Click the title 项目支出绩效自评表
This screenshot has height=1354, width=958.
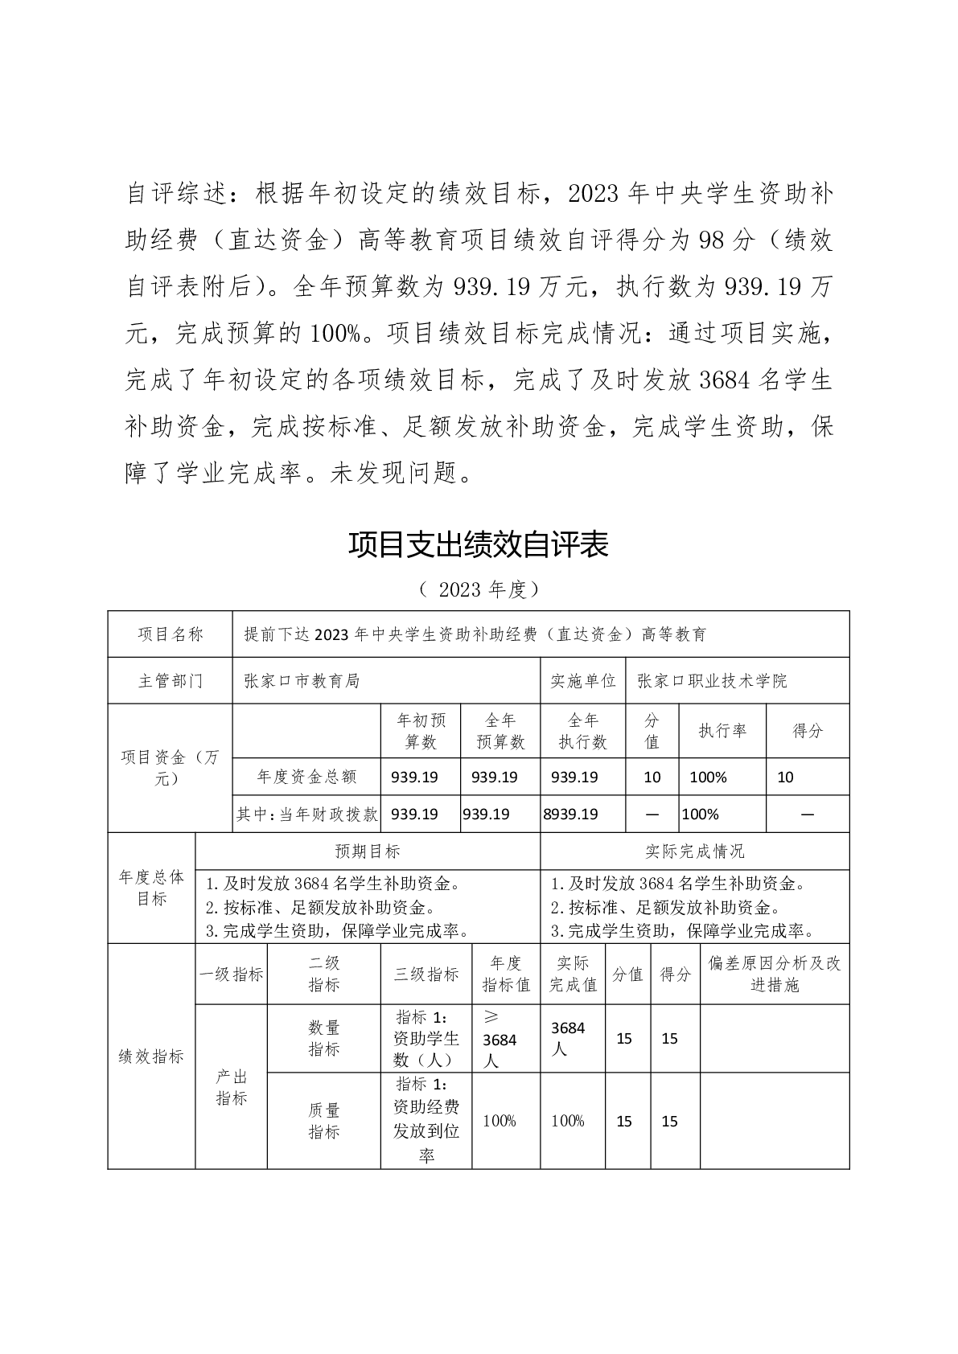pyautogui.click(x=479, y=544)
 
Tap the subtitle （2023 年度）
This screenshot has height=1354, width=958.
pyautogui.click(x=479, y=589)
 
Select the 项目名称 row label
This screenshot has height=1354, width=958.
pyautogui.click(x=171, y=634)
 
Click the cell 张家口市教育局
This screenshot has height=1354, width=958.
pyautogui.click(x=302, y=681)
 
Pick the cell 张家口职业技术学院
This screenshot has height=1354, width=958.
pyautogui.click(x=712, y=681)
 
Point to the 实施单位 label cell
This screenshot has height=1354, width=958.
pyautogui.click(x=582, y=681)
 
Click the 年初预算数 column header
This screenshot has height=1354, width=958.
pyautogui.click(x=420, y=731)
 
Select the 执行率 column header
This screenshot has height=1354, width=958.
pyautogui.click(x=722, y=731)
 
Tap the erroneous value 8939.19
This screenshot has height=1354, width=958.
pyautogui.click(x=571, y=814)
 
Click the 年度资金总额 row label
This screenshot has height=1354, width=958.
pyautogui.click(x=306, y=777)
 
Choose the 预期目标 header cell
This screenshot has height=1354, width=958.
pyautogui.click(x=368, y=851)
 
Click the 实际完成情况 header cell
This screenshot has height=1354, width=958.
pyautogui.click(x=695, y=851)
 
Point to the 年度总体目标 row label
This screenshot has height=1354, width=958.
pyautogui.click(x=151, y=888)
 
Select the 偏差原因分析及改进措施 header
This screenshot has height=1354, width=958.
pyautogui.click(x=775, y=974)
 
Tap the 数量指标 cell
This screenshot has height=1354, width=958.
pyautogui.click(x=324, y=1038)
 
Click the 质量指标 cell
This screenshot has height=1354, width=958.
pyautogui.click(x=324, y=1121)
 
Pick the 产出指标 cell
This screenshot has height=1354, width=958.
pyautogui.click(x=232, y=1087)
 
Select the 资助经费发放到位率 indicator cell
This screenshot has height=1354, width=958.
pyautogui.click(x=426, y=1121)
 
